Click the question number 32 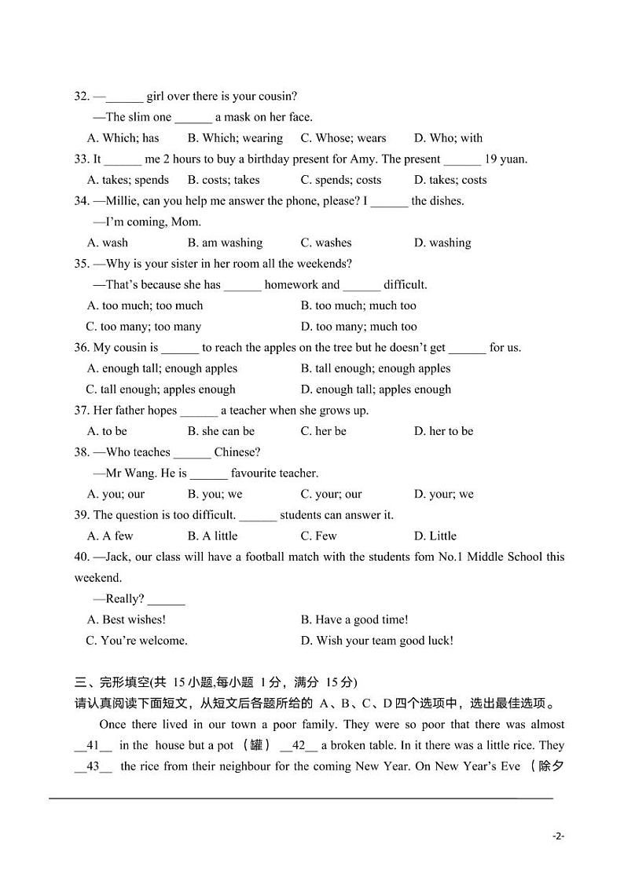click(82, 97)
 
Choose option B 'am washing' click(225, 243)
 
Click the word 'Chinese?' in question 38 click(237, 452)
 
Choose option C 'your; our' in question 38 click(331, 494)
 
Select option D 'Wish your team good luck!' click(376, 641)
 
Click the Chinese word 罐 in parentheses click(256, 745)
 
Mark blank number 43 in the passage click(94, 766)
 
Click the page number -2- click(558, 836)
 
